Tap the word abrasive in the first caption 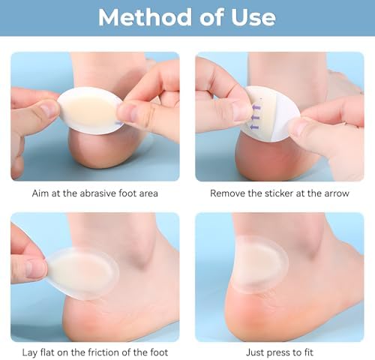(96, 193)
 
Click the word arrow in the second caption (337, 193)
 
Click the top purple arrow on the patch (256, 108)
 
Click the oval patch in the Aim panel (91, 111)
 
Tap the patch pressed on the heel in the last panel (260, 265)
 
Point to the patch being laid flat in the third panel (82, 274)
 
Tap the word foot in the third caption (159, 352)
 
